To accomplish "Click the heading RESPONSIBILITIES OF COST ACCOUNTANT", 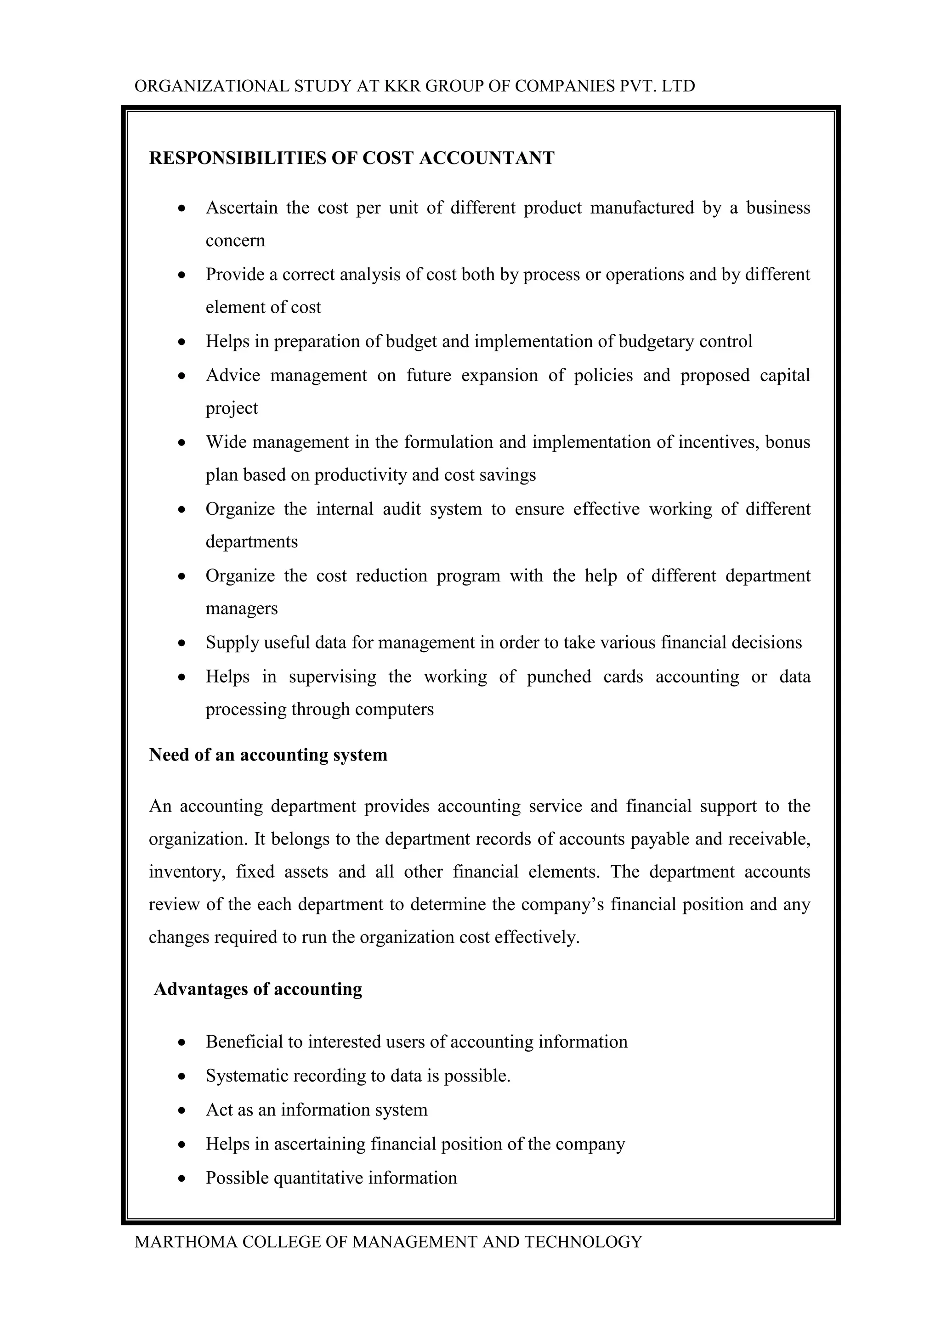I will (x=351, y=158).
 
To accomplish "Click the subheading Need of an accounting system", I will (x=268, y=755).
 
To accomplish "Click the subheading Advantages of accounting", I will (x=258, y=989).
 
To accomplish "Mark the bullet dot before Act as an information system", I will (x=182, y=1110).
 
